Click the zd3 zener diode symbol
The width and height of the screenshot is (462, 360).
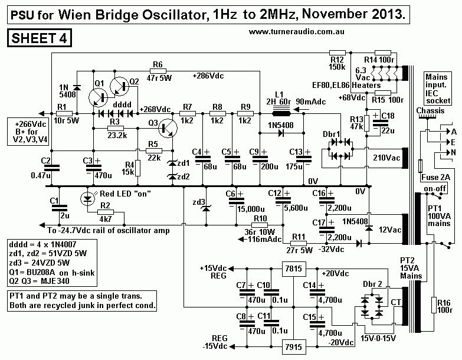[x=205, y=208]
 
